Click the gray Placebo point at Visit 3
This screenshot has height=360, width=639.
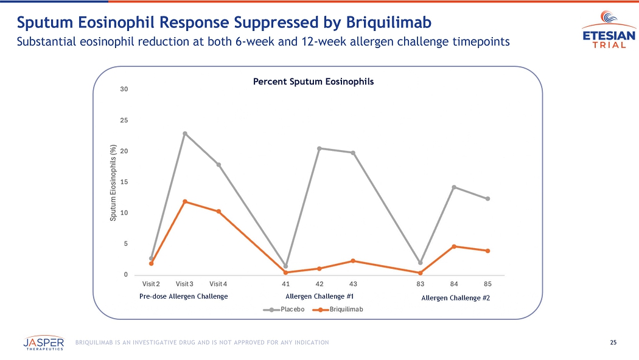(185, 133)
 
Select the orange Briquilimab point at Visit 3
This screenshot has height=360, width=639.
(185, 201)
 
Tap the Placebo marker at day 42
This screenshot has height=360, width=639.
(319, 148)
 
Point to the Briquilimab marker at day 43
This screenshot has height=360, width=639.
(353, 261)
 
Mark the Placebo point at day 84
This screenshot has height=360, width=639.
(454, 187)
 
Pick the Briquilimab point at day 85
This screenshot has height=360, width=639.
(488, 251)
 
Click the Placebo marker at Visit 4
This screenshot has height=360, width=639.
(218, 165)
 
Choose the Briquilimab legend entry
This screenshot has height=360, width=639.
(337, 310)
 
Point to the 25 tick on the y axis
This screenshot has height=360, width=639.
(124, 120)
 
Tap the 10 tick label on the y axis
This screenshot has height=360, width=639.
(124, 213)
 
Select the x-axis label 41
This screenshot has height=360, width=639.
(285, 284)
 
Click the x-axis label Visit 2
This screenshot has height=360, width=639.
(151, 284)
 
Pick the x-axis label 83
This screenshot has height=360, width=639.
(420, 284)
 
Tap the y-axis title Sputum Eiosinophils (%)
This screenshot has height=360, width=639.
(113, 182)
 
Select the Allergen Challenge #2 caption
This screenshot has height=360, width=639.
(455, 298)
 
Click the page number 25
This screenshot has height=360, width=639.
(613, 342)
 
